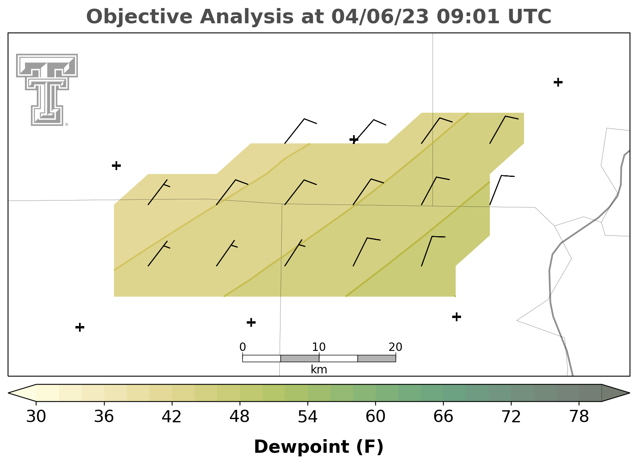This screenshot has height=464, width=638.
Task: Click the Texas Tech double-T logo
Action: pyautogui.click(x=47, y=90)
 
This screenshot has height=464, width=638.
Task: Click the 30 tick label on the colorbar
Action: pyautogui.click(x=36, y=417)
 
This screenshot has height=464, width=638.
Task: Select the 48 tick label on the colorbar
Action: pyautogui.click(x=240, y=417)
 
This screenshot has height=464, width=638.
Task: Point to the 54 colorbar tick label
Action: pyautogui.click(x=308, y=417)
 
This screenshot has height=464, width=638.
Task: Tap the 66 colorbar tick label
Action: pyautogui.click(x=443, y=417)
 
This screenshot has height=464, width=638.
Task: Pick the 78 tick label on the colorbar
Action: pyautogui.click(x=579, y=417)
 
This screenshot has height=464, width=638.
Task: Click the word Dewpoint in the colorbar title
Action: pyautogui.click(x=301, y=447)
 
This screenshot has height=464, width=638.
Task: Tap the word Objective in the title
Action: pyautogui.click(x=139, y=17)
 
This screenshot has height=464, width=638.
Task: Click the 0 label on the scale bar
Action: pyautogui.click(x=242, y=347)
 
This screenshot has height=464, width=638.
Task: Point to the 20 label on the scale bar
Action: pyautogui.click(x=395, y=347)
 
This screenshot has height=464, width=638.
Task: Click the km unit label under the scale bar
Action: pyautogui.click(x=319, y=369)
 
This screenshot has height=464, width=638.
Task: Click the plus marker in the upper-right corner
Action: pyautogui.click(x=558, y=82)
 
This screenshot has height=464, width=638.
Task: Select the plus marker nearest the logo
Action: pyautogui.click(x=116, y=165)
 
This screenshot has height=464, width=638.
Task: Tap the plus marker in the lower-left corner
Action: pyautogui.click(x=80, y=327)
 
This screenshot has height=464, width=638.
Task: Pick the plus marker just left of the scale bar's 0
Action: pyautogui.click(x=251, y=322)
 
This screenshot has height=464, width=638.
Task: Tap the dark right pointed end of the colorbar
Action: pyautogui.click(x=616, y=393)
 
